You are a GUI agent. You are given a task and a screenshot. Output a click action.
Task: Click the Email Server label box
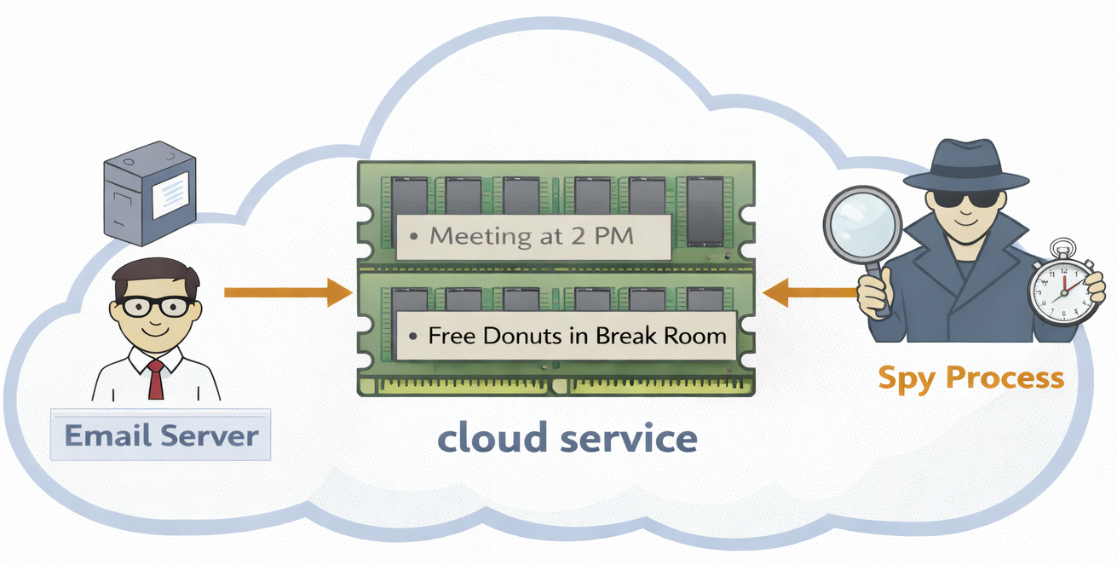[161, 435]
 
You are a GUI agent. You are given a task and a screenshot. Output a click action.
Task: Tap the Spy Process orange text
[971, 377]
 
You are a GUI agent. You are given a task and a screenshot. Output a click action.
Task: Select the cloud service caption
[567, 438]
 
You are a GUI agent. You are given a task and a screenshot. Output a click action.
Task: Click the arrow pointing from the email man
[288, 293]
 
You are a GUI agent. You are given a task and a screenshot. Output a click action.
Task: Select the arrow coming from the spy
[809, 293]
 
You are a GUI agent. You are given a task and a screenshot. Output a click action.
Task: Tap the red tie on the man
[156, 379]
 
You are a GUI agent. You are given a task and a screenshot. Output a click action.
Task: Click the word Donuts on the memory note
[523, 336]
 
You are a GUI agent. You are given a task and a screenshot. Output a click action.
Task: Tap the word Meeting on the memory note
[471, 236]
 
